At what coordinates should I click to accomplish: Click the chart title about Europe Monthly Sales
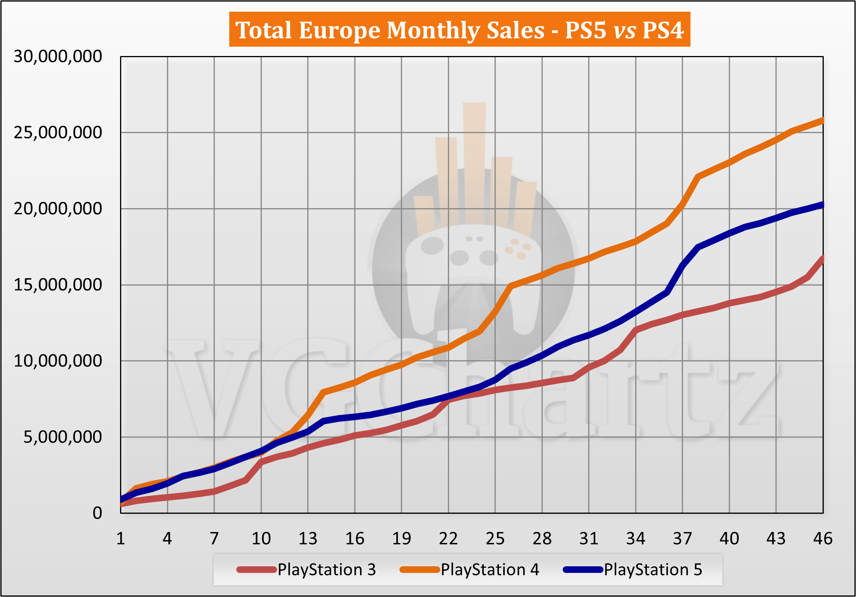(459, 30)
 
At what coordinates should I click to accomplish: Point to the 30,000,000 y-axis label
(58, 57)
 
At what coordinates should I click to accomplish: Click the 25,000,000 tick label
(58, 133)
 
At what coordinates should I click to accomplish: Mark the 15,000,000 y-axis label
(58, 285)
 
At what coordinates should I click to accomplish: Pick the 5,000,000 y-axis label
(63, 437)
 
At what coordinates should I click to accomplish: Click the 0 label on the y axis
(97, 513)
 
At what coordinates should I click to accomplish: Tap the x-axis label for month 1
(121, 539)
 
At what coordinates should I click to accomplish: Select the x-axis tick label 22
(448, 539)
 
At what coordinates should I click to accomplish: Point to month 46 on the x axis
(823, 539)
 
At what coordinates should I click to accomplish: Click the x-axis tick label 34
(636, 539)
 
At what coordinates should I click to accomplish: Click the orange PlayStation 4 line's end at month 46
(822, 121)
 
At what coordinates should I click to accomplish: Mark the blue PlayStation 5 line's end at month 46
(822, 205)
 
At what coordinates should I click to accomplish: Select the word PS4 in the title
(663, 30)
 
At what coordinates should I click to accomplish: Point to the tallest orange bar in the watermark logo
(474, 163)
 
